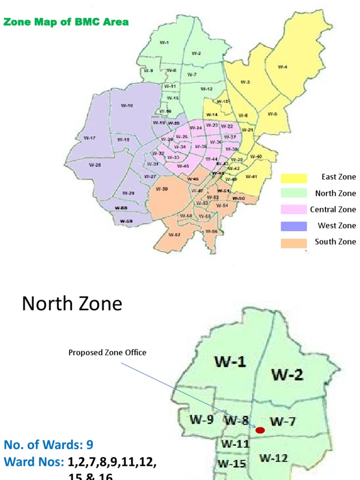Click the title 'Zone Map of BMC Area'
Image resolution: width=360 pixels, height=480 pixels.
[x=66, y=22]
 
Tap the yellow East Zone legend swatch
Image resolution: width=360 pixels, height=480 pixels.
[x=294, y=178]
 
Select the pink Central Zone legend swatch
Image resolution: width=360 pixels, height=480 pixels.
[x=294, y=210]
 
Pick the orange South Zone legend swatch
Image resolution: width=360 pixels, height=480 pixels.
[x=294, y=242]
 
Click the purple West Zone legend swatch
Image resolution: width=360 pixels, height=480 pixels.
[x=294, y=226]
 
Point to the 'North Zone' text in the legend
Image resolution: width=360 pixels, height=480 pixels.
[x=335, y=193]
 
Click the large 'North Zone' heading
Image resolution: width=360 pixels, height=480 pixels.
[x=72, y=304]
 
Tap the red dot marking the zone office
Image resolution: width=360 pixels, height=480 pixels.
[x=260, y=430]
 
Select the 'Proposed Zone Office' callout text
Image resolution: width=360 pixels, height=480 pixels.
[x=107, y=352]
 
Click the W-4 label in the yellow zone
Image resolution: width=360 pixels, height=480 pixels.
[x=282, y=67]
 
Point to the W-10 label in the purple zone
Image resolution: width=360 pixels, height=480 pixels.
[x=127, y=105]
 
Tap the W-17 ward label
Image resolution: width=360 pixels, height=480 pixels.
[x=90, y=138]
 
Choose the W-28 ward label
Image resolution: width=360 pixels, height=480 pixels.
[x=95, y=165]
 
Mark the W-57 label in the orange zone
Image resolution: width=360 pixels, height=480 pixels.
[x=174, y=234]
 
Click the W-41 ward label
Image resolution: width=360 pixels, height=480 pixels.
[x=251, y=177]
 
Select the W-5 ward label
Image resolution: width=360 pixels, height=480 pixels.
[x=272, y=114]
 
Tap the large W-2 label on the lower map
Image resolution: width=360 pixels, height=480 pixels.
[x=287, y=375]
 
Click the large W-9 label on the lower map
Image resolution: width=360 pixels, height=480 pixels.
[x=202, y=420]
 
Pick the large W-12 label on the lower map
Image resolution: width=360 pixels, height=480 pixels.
[x=274, y=457]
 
